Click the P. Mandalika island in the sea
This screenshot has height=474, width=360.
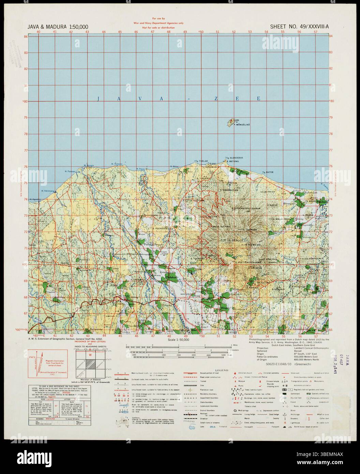pos(232,122)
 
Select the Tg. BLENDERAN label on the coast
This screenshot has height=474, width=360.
pos(234,158)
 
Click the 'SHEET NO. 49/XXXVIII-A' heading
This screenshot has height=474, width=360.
pos(299,26)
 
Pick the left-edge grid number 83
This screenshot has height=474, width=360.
pos(25,53)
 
